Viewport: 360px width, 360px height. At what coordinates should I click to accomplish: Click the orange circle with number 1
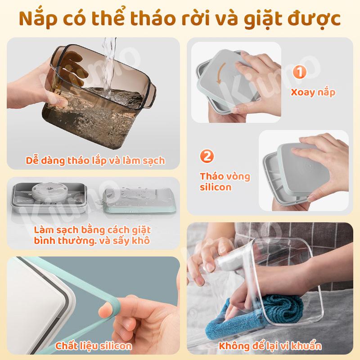[299, 72]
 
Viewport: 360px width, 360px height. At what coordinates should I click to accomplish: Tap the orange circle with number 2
[207, 156]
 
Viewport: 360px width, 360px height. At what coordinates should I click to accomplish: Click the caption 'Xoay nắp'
[313, 92]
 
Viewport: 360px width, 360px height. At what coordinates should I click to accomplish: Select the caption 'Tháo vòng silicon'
[225, 182]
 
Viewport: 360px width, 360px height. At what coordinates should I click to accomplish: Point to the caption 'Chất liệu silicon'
[94, 346]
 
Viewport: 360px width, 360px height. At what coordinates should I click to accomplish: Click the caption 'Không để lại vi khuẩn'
[270, 346]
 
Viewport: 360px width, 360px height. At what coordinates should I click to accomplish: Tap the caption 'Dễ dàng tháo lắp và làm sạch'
[95, 161]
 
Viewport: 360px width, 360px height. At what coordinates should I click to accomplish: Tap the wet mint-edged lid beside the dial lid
[139, 200]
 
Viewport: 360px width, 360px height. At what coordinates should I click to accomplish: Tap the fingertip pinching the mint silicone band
[106, 309]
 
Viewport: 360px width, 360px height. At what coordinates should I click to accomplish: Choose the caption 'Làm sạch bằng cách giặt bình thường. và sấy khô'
[92, 235]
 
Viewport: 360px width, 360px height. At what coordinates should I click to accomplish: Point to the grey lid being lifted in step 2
[303, 170]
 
